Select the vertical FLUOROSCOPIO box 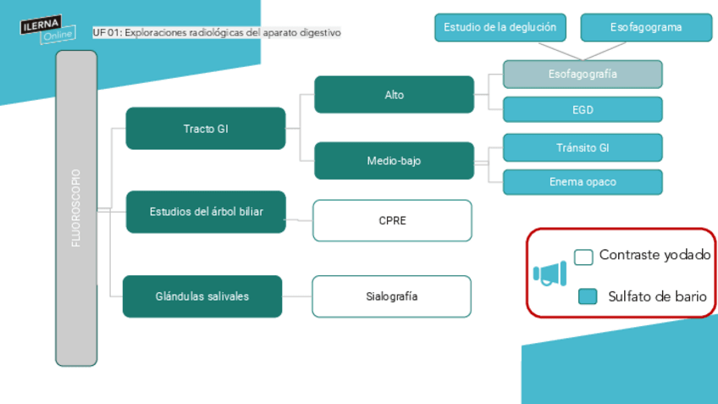click(x=76, y=208)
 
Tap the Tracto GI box click(x=206, y=129)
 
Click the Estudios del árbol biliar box click(x=206, y=212)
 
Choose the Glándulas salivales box click(x=202, y=296)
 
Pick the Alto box click(x=394, y=95)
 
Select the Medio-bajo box click(x=394, y=161)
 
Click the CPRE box click(x=392, y=220)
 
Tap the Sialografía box click(x=391, y=296)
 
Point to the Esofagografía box click(x=583, y=75)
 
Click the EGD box click(x=583, y=109)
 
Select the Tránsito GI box click(x=583, y=147)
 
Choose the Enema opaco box click(x=583, y=182)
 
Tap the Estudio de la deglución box click(x=500, y=27)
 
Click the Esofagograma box click(x=646, y=27)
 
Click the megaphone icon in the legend click(x=550, y=274)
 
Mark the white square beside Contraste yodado click(x=583, y=257)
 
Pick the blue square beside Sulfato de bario click(x=588, y=296)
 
